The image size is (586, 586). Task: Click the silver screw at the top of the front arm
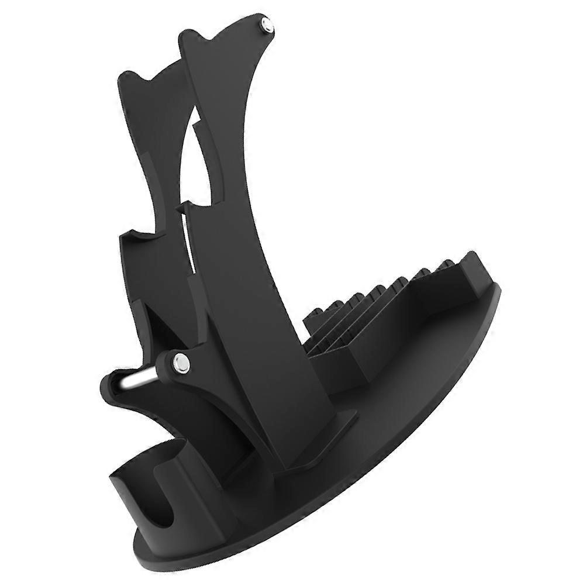(x=267, y=25)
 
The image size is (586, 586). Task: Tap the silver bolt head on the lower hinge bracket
(x=181, y=363)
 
